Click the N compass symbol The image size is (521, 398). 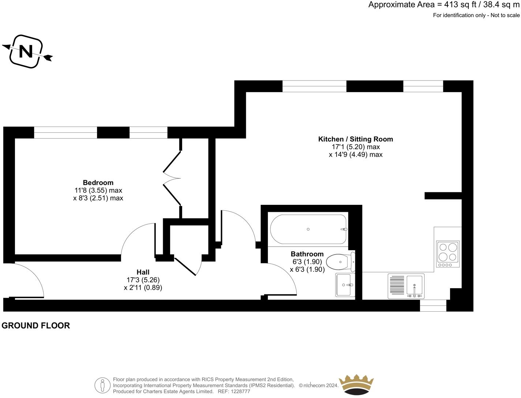click(x=26, y=51)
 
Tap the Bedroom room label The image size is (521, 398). click(x=98, y=183)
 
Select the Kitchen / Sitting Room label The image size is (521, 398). click(x=355, y=139)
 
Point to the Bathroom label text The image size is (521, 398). click(x=307, y=254)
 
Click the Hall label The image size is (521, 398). click(x=143, y=272)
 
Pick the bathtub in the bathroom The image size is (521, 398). click(x=308, y=229)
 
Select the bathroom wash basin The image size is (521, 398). click(x=345, y=285)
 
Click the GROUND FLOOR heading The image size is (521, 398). click(x=35, y=326)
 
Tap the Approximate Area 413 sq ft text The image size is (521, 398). click(x=444, y=5)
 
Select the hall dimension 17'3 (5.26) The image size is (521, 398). click(x=143, y=280)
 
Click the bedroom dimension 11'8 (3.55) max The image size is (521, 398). click(x=98, y=190)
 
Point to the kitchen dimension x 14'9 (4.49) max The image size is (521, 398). click(x=355, y=155)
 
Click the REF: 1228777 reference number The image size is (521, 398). click(x=234, y=391)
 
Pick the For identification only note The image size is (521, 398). click(x=476, y=15)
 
